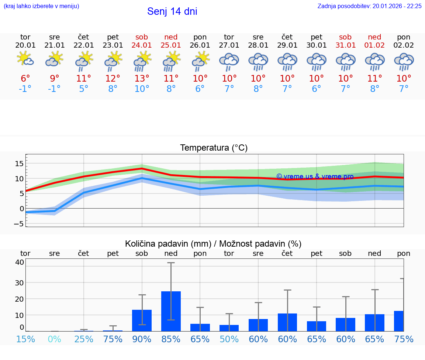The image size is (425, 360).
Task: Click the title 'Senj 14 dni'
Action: pyautogui.click(x=172, y=11)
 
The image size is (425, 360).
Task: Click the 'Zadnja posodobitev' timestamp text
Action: pyautogui.click(x=369, y=6)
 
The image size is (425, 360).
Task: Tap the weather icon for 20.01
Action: pyautogui.click(x=25, y=59)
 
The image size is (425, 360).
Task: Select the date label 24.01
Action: pyautogui.click(x=142, y=45)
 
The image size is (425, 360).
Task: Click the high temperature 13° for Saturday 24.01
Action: pyautogui.click(x=142, y=79)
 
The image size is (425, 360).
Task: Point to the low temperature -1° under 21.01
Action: pyautogui.click(x=54, y=89)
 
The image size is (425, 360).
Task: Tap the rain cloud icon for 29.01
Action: pyautogui.click(x=287, y=61)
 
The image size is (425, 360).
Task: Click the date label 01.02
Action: pyautogui.click(x=374, y=45)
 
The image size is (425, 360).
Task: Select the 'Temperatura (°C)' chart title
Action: pyautogui.click(x=214, y=148)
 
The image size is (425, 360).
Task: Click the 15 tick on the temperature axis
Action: pyautogui.click(x=19, y=163)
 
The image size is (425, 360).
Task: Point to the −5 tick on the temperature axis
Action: pyautogui.click(x=19, y=224)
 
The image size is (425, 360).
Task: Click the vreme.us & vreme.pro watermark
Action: pyautogui.click(x=315, y=176)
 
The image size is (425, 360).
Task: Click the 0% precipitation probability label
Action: pyautogui.click(x=54, y=339)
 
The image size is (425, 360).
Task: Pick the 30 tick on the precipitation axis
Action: pyautogui.click(x=19, y=282)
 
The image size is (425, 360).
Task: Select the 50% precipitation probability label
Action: pyautogui.click(x=229, y=339)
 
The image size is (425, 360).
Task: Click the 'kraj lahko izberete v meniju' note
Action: pyautogui.click(x=41, y=6)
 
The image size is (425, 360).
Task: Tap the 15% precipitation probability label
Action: pyautogui.click(x=25, y=339)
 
